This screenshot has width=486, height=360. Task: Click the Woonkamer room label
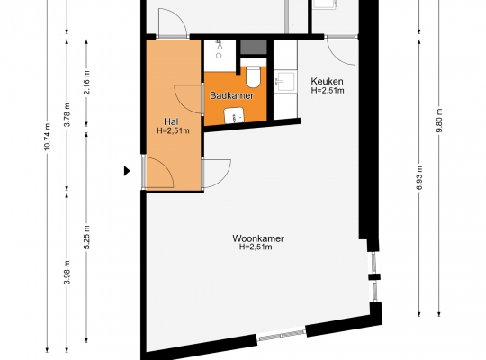click(258, 238)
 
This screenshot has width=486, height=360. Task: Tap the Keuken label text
click(327, 81)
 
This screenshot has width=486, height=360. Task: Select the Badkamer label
click(232, 95)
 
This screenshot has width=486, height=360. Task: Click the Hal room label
click(171, 121)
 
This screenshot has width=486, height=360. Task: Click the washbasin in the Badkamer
click(234, 115)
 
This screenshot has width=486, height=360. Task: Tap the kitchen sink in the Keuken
click(285, 81)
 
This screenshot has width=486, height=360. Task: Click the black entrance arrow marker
click(127, 171)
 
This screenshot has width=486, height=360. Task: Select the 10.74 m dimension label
click(47, 137)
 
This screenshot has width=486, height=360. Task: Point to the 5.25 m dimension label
click(86, 238)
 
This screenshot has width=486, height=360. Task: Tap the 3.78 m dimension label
click(67, 114)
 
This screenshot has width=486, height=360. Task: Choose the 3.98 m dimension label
click(67, 272)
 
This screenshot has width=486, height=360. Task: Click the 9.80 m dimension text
click(439, 121)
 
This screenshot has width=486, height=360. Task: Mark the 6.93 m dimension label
click(419, 178)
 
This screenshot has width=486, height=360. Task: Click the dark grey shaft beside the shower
click(254, 47)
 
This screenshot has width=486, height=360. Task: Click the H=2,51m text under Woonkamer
click(256, 247)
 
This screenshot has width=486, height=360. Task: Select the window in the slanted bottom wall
click(282, 335)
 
